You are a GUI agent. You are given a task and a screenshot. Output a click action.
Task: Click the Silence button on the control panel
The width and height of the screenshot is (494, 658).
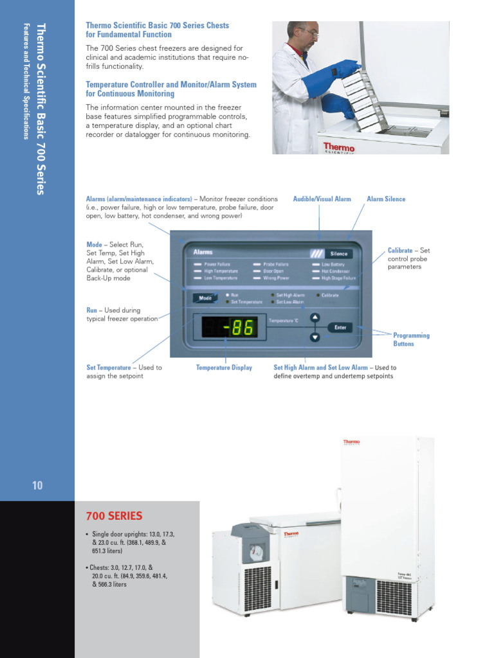pos(339,253)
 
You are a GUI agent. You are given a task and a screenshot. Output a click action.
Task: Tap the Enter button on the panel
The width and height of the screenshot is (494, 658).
pos(340,327)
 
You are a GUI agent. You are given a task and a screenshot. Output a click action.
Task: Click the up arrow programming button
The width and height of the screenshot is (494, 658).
pos(315,317)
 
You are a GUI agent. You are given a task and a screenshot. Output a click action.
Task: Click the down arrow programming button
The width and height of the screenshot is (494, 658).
pos(315,337)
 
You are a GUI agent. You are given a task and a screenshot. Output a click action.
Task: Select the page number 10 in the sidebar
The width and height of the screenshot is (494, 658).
pos(37,485)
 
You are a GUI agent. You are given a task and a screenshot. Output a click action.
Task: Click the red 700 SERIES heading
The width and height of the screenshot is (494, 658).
pos(114,516)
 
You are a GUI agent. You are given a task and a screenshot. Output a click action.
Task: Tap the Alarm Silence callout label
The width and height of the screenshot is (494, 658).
pos(386,199)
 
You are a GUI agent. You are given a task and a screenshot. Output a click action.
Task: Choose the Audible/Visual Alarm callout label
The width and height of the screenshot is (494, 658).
pos(322,199)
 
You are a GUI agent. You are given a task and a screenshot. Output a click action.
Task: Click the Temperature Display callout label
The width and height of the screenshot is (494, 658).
pos(224,368)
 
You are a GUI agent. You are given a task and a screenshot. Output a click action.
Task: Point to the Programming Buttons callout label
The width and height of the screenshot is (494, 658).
pos(411,339)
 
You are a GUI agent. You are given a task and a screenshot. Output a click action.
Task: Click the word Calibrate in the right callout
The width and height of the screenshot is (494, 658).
pos(400,250)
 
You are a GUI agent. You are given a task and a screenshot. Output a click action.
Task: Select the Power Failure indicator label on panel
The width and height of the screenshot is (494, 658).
pos(218,264)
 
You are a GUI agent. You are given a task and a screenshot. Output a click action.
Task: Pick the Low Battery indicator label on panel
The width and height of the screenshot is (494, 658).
pos(333,264)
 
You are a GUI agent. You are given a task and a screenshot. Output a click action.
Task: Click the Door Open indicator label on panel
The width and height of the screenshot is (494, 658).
pos(273,271)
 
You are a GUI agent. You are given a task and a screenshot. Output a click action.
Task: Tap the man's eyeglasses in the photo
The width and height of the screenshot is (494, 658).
pos(308,32)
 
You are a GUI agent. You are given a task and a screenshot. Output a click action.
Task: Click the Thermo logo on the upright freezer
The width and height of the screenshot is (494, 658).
pos(351,442)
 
